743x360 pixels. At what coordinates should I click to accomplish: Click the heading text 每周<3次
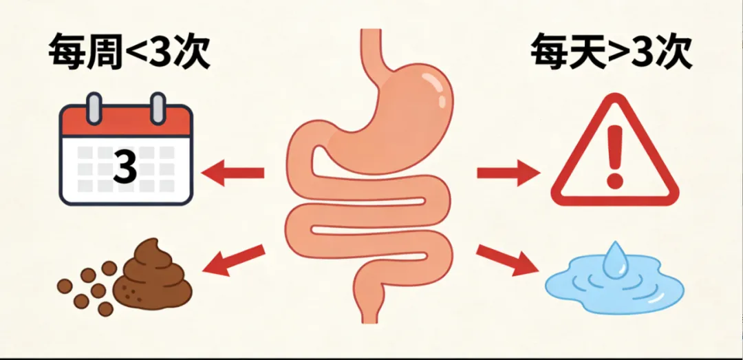coord(129,53)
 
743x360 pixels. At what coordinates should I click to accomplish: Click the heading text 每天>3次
coord(610,53)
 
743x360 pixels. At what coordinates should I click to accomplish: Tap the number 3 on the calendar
coord(125,168)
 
